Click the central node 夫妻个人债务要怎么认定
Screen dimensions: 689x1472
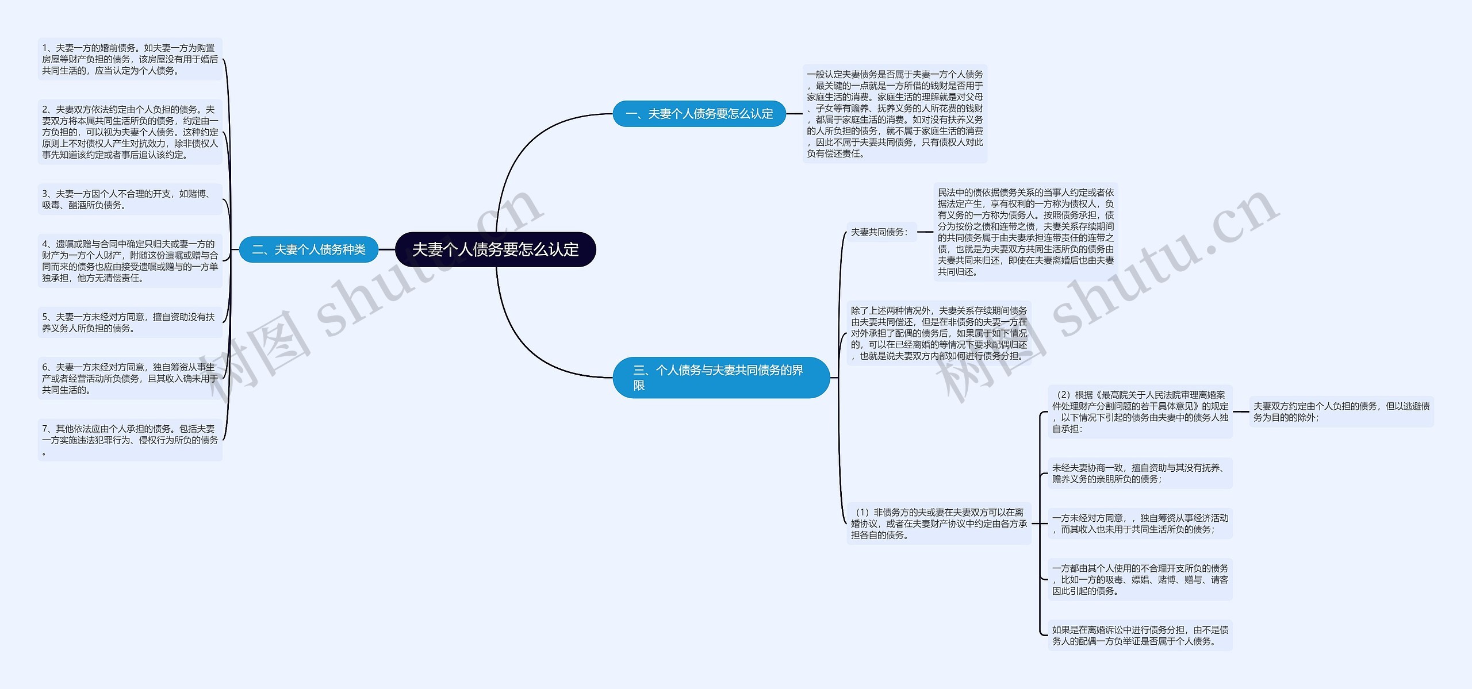495,249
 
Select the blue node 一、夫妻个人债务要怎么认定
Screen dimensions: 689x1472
699,114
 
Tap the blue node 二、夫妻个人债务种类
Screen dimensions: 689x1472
309,249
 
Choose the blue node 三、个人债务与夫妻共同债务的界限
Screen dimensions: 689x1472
721,378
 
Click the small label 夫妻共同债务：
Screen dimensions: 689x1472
880,232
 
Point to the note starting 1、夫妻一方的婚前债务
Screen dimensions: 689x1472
130,59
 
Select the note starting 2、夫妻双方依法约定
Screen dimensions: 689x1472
130,132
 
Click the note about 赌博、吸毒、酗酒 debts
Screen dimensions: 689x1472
130,199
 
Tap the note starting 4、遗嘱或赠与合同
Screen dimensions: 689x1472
130,261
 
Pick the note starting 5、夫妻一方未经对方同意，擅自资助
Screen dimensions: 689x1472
130,322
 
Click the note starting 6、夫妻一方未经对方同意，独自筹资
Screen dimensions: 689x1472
130,378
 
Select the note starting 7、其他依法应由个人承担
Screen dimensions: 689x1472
130,440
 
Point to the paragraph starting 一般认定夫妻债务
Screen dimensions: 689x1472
895,114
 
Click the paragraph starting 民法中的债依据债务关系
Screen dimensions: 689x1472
1026,232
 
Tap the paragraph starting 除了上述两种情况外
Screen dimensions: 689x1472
939,333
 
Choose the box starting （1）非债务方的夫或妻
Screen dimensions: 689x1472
939,524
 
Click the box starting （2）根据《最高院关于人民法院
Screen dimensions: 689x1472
1140,411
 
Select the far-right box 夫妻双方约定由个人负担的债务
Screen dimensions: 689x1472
1341,411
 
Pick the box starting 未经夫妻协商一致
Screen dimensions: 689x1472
1140,474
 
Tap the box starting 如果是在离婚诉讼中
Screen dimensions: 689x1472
1140,635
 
